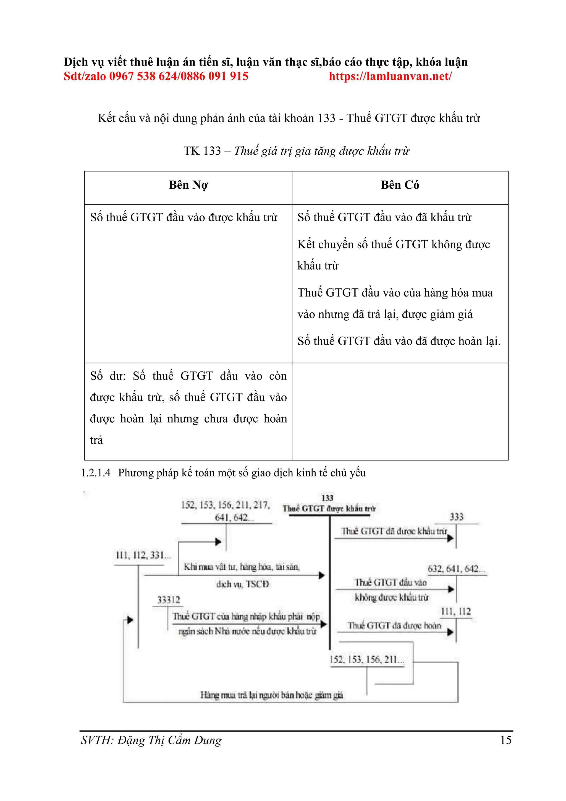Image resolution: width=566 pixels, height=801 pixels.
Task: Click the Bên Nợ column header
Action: [188, 185]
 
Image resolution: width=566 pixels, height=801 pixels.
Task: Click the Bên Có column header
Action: [400, 185]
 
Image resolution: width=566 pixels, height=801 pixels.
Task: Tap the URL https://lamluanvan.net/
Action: [390, 76]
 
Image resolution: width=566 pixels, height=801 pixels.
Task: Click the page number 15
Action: [506, 740]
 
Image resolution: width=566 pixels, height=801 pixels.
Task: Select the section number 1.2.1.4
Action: [96, 473]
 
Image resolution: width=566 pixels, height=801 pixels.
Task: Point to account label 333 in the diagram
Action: [456, 517]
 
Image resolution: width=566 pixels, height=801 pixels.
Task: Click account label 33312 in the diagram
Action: [169, 600]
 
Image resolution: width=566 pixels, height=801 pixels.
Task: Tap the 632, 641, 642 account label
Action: [456, 569]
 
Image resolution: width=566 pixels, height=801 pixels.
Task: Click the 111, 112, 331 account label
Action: [143, 555]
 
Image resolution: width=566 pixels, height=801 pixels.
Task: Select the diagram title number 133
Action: [327, 498]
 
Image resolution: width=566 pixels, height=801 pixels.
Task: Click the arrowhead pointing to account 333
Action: [451, 538]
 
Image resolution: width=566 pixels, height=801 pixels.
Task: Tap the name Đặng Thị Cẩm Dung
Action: [169, 740]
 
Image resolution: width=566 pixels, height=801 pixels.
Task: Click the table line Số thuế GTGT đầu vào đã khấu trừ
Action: [384, 217]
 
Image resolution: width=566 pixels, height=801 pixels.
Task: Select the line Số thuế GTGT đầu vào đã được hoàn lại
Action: [399, 341]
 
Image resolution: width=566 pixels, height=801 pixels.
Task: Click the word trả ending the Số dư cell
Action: [96, 440]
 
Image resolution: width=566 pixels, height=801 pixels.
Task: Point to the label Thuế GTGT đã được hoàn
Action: [394, 626]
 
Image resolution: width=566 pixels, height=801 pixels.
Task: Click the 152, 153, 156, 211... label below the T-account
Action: [367, 659]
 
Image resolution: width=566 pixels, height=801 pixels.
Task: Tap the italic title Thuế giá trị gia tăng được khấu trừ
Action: [322, 151]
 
